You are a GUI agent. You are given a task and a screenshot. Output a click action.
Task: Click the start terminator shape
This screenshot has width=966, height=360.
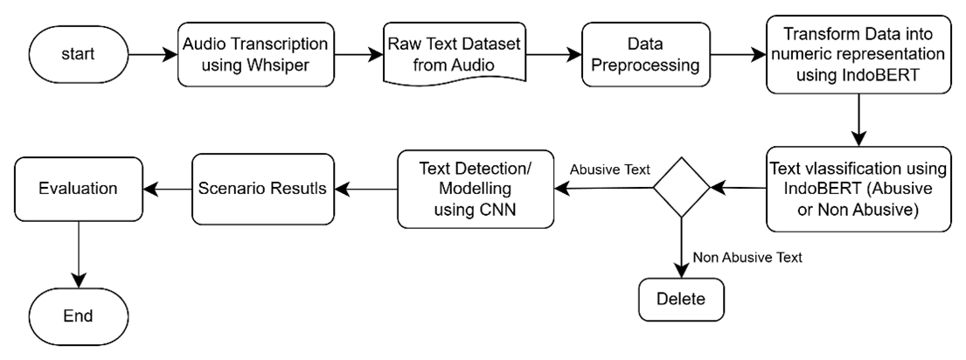point(78,54)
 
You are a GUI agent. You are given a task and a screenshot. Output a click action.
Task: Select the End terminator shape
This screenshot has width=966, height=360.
point(78,315)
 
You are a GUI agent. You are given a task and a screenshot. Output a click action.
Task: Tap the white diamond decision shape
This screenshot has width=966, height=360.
point(682,188)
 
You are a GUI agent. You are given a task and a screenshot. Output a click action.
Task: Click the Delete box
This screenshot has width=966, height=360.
point(681,299)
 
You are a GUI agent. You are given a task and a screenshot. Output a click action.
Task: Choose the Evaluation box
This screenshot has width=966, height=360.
point(78,189)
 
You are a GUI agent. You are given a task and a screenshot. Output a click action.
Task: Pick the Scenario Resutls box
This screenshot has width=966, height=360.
point(262,189)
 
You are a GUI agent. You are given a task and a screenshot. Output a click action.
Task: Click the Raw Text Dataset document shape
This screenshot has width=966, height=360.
point(454,54)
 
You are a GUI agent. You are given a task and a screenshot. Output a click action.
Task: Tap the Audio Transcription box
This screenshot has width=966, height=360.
point(255,54)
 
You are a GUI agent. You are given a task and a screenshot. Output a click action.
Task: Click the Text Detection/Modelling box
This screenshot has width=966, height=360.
point(475,190)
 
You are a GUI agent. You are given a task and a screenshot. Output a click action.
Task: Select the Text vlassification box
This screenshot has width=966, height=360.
point(858,189)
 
